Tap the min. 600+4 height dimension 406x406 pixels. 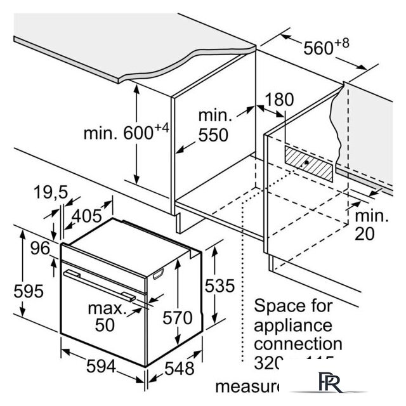127,133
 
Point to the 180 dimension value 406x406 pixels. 280,100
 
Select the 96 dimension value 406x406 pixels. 39,249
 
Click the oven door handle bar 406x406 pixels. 101,283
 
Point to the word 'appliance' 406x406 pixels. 293,325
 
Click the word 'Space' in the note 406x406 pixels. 277,306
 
